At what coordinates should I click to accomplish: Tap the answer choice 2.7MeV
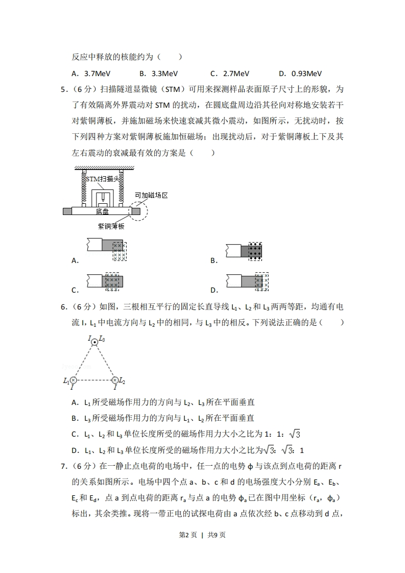[x=236, y=74]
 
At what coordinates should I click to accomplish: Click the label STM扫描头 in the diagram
[x=103, y=179]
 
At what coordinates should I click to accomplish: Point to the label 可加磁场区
[x=151, y=196]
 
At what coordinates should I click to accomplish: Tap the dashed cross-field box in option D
[x=262, y=282]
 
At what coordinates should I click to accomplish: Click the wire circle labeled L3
[x=94, y=342]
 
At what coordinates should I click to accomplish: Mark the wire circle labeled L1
[x=74, y=380]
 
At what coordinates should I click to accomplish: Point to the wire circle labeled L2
[x=115, y=380]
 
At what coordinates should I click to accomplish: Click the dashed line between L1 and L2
[x=94, y=380]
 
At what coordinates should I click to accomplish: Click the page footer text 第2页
[x=187, y=549]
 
